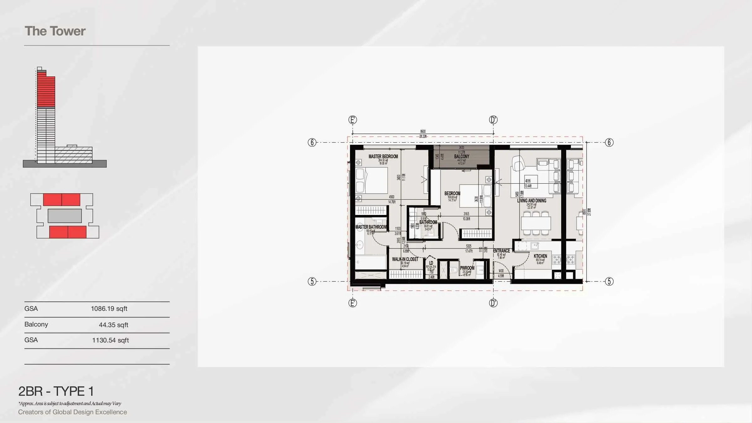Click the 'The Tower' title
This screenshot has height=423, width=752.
55,31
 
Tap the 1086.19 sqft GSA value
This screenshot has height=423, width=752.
109,309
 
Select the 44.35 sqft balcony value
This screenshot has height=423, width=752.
113,325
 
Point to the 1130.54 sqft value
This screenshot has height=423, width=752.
110,340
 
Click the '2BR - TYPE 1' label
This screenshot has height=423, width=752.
56,391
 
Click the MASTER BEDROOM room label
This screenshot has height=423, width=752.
383,156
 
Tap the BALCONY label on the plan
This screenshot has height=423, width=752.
462,156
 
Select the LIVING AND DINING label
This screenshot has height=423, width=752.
531,201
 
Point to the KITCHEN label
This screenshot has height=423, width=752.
540,256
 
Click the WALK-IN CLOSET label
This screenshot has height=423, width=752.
405,259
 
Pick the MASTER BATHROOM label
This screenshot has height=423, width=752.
371,227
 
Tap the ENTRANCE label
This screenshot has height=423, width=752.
501,251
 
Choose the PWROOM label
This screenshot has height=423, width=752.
467,268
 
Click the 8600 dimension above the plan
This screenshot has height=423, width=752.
423,132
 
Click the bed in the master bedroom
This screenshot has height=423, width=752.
372,180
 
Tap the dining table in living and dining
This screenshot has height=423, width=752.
536,223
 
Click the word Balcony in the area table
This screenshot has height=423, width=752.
36,324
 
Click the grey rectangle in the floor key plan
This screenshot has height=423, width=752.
65,216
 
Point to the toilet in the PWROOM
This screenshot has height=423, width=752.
453,270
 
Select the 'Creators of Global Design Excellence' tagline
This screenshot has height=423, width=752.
72,412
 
